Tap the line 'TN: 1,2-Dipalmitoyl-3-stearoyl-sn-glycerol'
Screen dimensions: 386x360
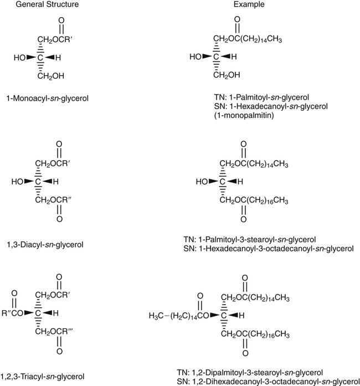(261, 372)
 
